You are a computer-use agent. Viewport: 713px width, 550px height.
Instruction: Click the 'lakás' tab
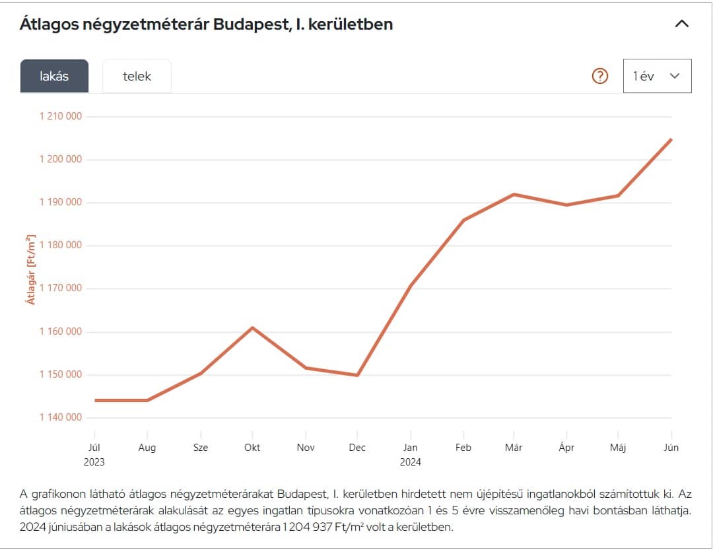coord(54,76)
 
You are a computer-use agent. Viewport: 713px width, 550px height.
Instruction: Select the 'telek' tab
coord(137,76)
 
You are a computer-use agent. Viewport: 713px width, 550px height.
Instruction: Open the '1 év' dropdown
coord(657,76)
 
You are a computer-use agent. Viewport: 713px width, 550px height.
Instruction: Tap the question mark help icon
coord(600,76)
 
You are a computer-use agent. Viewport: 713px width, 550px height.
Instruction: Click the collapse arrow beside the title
coord(682,24)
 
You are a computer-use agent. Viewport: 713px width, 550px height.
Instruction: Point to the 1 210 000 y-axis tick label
coord(61,116)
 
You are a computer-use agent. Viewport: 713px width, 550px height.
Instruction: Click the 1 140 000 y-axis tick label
coord(61,417)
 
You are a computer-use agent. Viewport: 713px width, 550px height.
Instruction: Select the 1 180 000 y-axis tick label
coord(61,245)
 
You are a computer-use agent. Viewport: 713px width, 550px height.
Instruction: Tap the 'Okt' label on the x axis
coord(252,448)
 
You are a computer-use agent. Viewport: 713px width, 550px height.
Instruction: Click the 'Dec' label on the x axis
coord(357,448)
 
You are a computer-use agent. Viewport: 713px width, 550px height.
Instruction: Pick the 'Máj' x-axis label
coord(618,448)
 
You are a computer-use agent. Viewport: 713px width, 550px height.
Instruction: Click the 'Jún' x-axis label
coord(671,448)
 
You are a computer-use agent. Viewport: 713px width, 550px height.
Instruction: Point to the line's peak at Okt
coord(252,327)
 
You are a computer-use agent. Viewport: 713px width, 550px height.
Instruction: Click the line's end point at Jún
coord(671,139)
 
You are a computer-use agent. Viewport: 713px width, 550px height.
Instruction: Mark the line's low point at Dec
coord(357,375)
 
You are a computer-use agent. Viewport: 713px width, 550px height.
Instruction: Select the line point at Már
coord(514,194)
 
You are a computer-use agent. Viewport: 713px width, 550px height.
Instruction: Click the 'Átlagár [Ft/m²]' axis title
coord(31,269)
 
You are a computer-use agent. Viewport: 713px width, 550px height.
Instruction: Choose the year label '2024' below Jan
coord(410,462)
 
